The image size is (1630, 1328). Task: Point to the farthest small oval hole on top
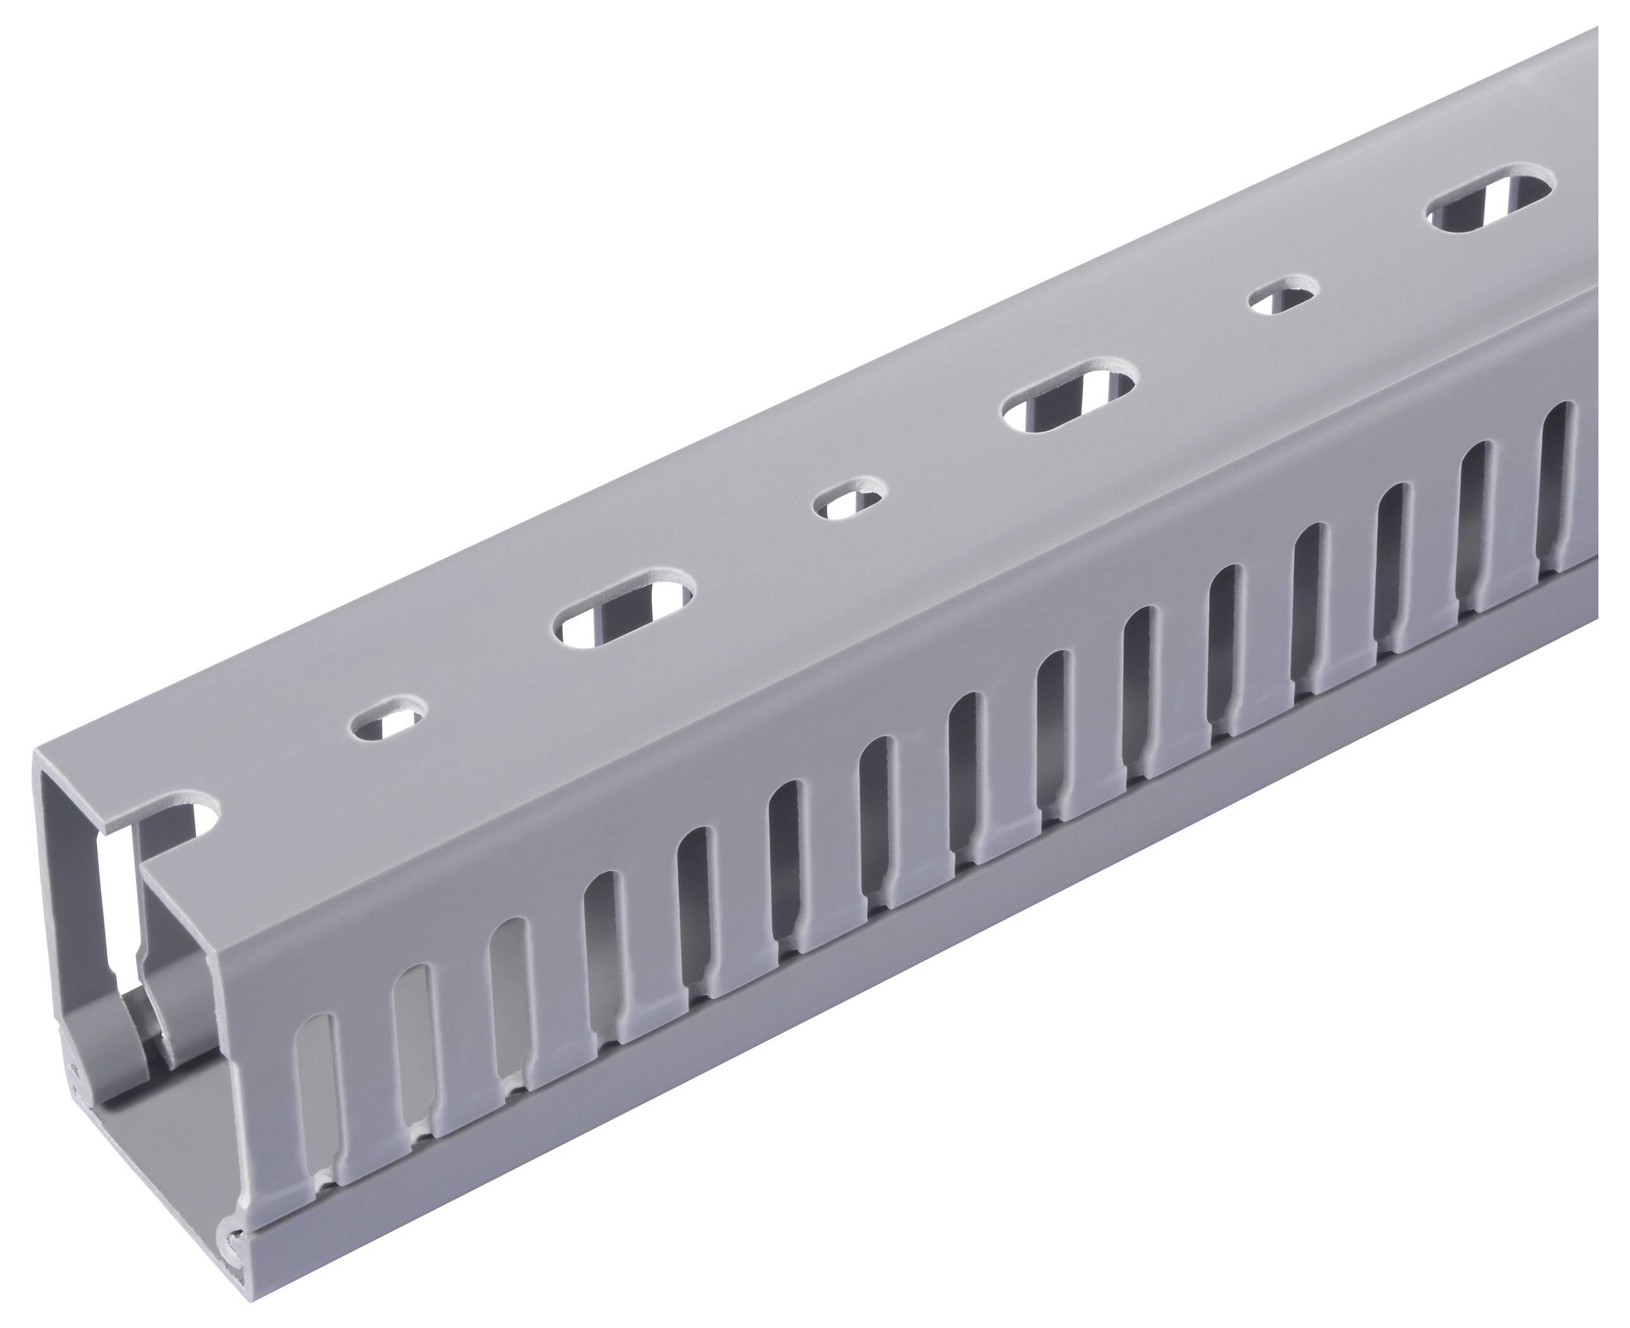click(x=1284, y=295)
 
